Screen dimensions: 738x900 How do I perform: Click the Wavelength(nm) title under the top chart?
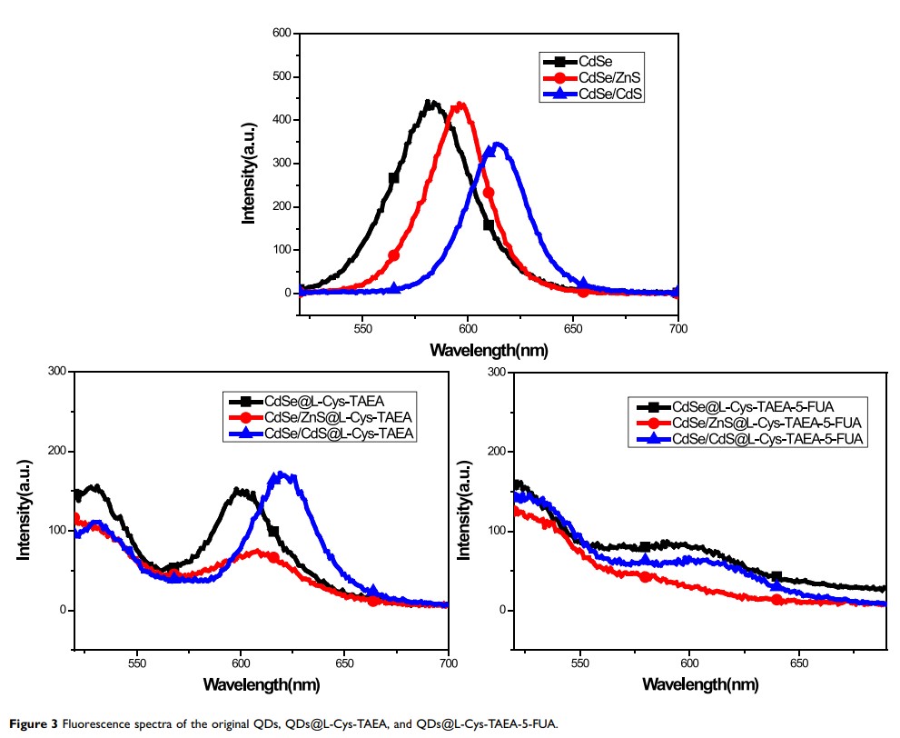(489, 350)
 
